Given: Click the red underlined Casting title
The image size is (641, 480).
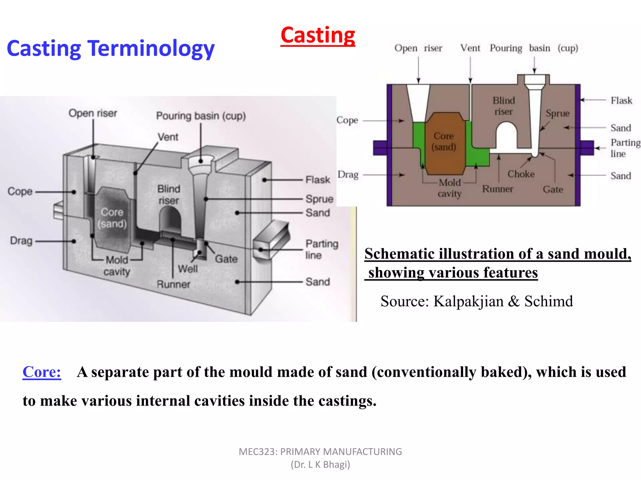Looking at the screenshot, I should click(318, 35).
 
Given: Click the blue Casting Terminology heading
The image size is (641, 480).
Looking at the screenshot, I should click(110, 48).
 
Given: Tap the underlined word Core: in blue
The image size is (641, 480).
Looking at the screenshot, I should click(42, 372).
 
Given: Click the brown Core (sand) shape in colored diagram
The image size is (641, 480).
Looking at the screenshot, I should click(444, 147).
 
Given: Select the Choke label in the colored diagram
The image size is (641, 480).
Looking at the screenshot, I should click(521, 174).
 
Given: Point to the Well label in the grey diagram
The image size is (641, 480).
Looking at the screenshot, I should click(187, 269).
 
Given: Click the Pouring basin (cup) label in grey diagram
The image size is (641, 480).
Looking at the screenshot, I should click(201, 116).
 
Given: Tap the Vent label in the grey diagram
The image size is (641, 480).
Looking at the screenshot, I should click(168, 137).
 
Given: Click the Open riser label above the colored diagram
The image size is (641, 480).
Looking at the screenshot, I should click(418, 48).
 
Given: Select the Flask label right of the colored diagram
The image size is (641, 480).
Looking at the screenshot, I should click(621, 101).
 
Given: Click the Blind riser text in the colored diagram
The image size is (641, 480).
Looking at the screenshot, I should click(504, 106).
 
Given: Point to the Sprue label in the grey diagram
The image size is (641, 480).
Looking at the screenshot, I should click(319, 199).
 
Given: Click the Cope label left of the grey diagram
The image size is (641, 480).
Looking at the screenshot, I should click(20, 191).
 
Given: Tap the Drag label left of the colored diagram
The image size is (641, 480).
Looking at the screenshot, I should click(348, 174).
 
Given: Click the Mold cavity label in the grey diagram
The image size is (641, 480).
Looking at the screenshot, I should click(117, 266).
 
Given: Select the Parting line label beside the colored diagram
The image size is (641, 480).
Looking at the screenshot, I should click(625, 148).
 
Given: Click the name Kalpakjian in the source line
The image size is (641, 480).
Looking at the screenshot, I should click(468, 301).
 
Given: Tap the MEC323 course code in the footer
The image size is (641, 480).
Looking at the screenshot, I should click(258, 452).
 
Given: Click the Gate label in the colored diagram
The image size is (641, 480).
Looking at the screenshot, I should click(553, 189).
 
